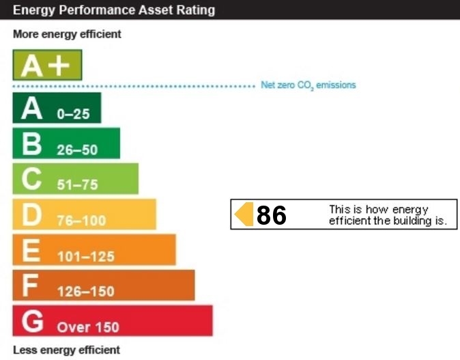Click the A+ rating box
47,66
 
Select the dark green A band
57,108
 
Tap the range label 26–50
77,150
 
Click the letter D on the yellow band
32,214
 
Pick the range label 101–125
86,257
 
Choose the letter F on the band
29,286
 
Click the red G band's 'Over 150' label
88,327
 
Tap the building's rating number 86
272,215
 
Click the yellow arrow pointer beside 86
244,214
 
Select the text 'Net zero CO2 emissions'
308,85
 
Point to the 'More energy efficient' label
67,34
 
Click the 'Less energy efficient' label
66,350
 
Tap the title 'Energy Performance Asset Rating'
114,10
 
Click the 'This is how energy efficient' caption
388,215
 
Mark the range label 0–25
73,115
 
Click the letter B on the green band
31,143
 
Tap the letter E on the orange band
31,250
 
